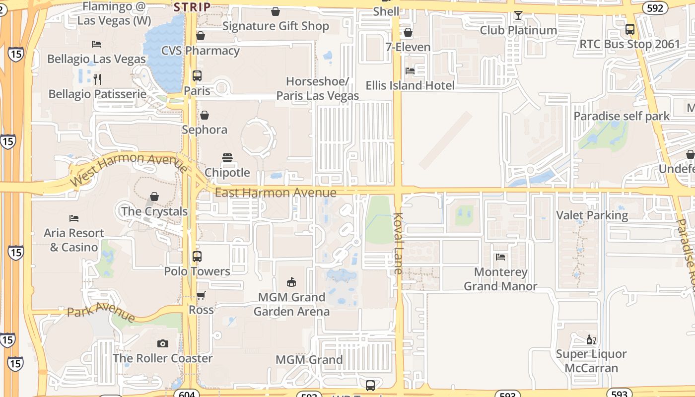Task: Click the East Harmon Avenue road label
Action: click(276, 193)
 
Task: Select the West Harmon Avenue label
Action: click(129, 169)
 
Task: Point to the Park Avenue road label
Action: click(101, 314)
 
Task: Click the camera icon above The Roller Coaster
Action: click(162, 343)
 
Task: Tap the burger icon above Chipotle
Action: click(227, 158)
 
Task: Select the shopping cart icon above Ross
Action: click(201, 295)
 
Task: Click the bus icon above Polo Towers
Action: click(197, 257)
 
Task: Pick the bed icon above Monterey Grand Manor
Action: click(500, 257)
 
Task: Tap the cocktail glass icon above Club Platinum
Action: click(518, 15)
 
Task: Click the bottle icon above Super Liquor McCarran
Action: click(591, 339)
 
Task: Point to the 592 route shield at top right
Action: click(654, 8)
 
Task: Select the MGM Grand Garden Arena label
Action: click(291, 304)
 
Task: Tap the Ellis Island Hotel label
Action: click(410, 85)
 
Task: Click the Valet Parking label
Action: click(592, 215)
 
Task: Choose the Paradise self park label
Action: click(622, 116)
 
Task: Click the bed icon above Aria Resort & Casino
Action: click(74, 218)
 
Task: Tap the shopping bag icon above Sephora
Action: click(204, 115)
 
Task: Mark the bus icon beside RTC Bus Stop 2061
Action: click(630, 29)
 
